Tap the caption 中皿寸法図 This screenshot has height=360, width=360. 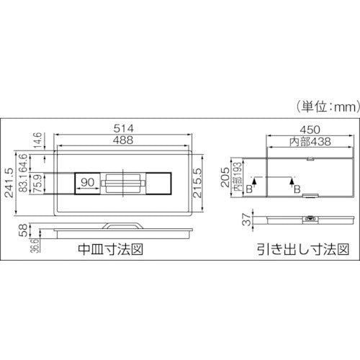click(108, 251)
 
